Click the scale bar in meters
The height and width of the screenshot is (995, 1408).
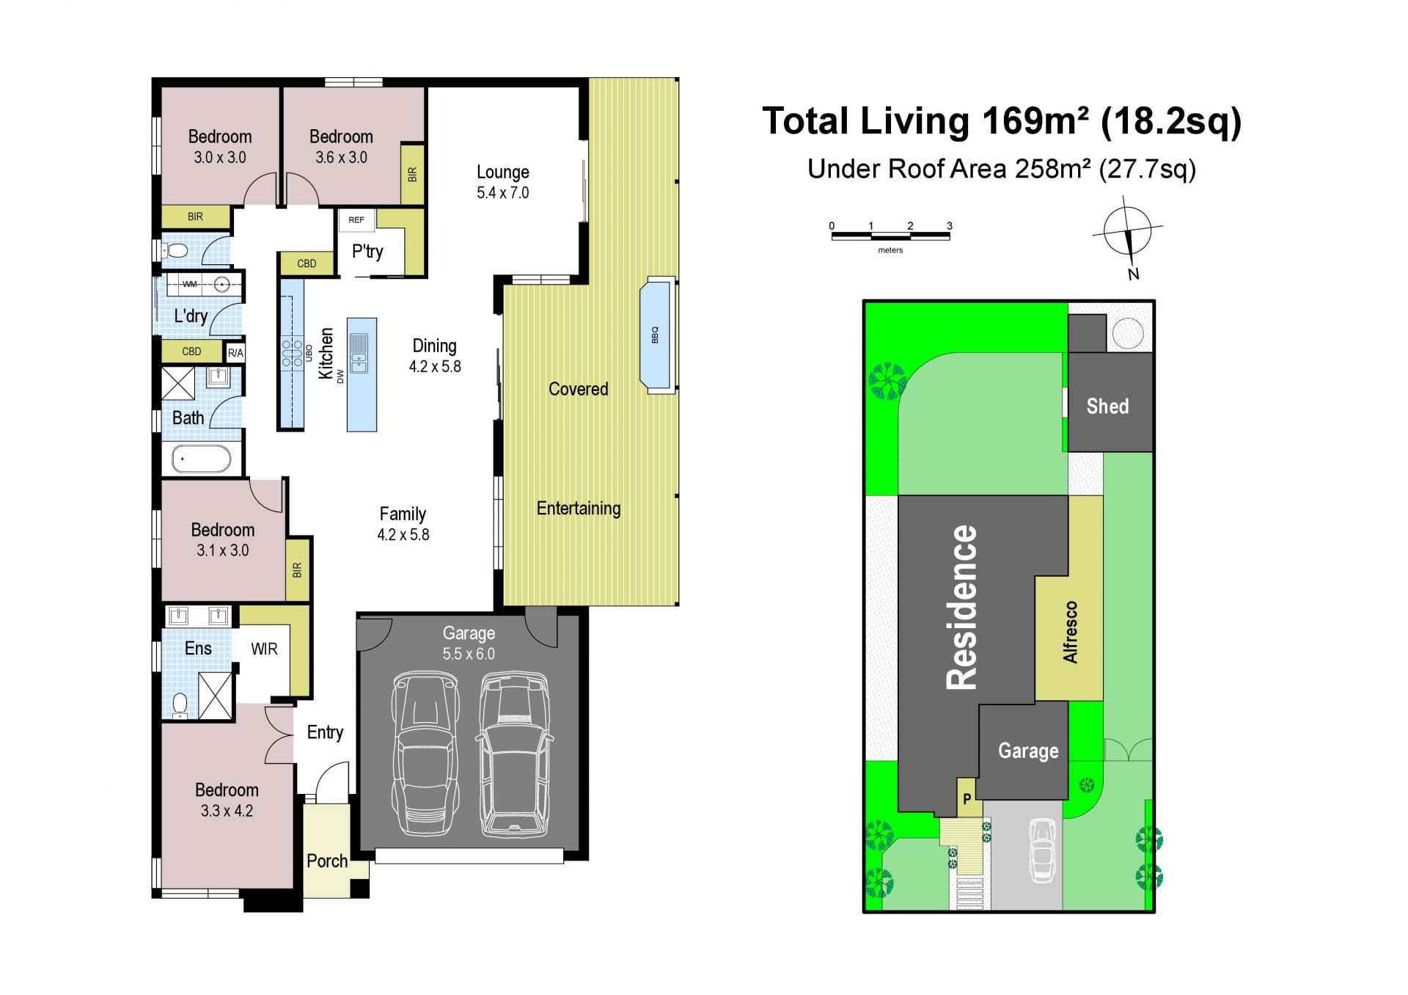[890, 236]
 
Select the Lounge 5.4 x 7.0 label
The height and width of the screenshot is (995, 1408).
[503, 182]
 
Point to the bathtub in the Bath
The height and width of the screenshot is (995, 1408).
[201, 459]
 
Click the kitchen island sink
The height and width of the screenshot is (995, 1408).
[359, 353]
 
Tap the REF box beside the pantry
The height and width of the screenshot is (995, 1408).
[356, 219]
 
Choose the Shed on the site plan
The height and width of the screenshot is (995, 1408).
[1110, 402]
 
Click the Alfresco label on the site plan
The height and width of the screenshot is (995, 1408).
[1071, 632]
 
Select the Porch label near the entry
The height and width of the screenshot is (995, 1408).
[327, 861]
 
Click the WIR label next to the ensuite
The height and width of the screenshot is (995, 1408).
[264, 649]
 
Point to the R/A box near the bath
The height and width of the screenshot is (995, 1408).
[235, 353]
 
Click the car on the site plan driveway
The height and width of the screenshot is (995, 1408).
[1042, 850]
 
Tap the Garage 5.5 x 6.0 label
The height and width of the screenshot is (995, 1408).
[469, 644]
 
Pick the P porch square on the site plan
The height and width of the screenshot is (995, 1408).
[967, 798]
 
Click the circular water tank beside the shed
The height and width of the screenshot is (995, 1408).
[1127, 333]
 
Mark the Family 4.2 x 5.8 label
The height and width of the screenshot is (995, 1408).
[403, 524]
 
